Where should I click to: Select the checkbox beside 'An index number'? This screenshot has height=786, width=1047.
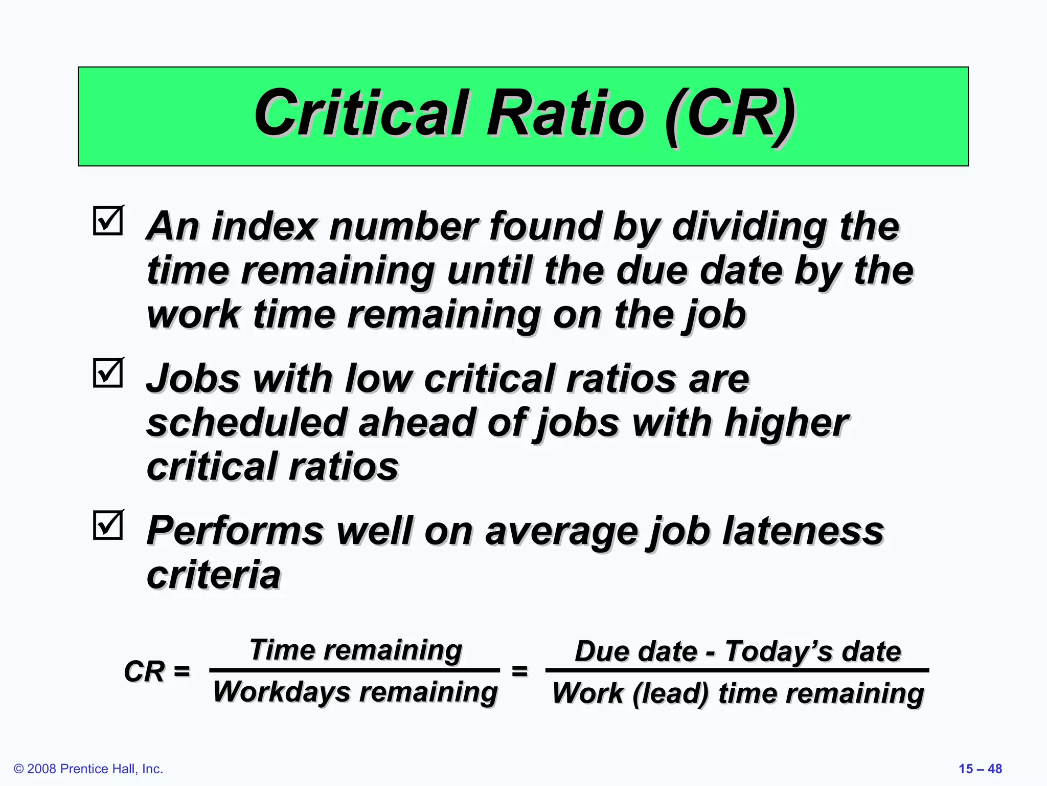[x=108, y=221]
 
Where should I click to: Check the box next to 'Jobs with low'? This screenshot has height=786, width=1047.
[x=108, y=373]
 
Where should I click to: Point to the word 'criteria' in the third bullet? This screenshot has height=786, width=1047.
[x=214, y=575]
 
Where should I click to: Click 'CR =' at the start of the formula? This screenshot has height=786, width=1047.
[x=157, y=671]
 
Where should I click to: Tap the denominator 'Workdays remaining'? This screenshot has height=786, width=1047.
[x=355, y=692]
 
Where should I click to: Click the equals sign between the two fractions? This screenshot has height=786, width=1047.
[x=520, y=670]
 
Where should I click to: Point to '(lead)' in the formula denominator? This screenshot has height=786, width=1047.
[x=671, y=694]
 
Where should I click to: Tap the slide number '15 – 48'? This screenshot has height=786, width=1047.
[x=980, y=769]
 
